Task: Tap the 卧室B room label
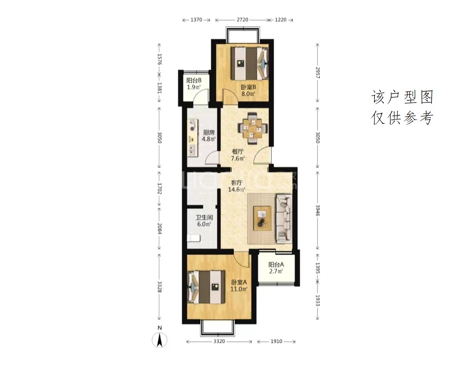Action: click(x=248, y=87)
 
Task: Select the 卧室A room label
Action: click(x=239, y=282)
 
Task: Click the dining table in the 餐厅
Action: click(x=253, y=128)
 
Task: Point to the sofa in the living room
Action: click(x=284, y=219)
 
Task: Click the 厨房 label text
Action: click(x=209, y=132)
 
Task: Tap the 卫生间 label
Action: click(x=204, y=218)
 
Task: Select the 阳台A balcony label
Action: click(x=276, y=264)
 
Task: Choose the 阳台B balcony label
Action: click(x=194, y=80)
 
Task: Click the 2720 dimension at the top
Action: click(x=242, y=20)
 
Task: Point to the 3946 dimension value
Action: click(x=317, y=210)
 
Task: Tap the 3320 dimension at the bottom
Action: click(x=219, y=342)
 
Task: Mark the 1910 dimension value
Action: click(x=276, y=342)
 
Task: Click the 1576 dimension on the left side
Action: click(x=160, y=59)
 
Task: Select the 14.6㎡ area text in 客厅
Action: click(x=236, y=190)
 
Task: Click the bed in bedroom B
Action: click(x=249, y=63)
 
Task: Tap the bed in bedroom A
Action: click(x=206, y=287)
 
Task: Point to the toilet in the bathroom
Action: click(x=194, y=238)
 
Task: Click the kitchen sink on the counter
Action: click(x=192, y=150)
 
